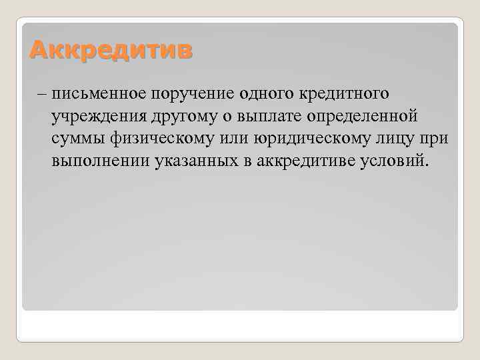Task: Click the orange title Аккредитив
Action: pos(109,49)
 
